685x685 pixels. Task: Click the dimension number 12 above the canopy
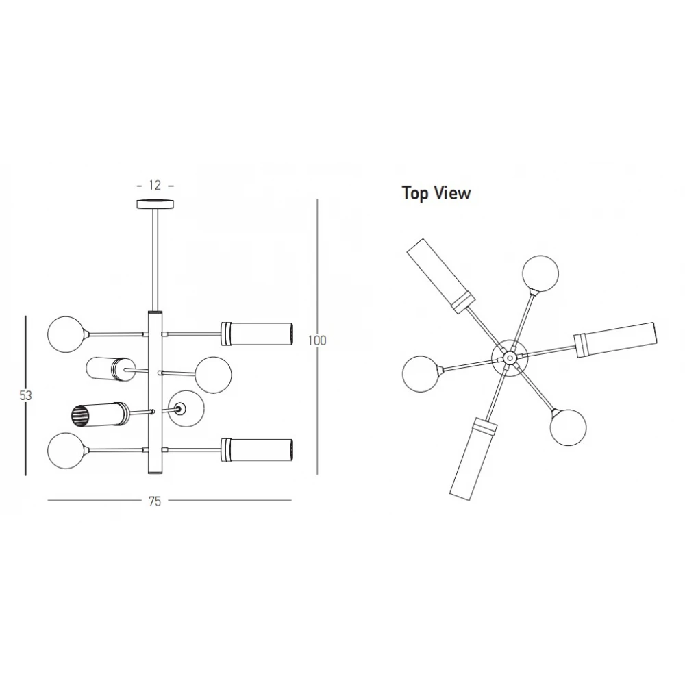click(155, 185)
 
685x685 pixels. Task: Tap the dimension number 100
click(317, 340)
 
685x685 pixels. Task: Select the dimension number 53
click(26, 395)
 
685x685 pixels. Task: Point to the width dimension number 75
click(155, 501)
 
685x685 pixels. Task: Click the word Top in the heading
click(416, 194)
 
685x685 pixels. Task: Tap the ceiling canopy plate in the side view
click(155, 204)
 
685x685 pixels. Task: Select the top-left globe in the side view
click(66, 334)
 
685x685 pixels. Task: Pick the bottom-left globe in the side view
click(66, 451)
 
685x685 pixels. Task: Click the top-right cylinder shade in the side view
click(257, 334)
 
